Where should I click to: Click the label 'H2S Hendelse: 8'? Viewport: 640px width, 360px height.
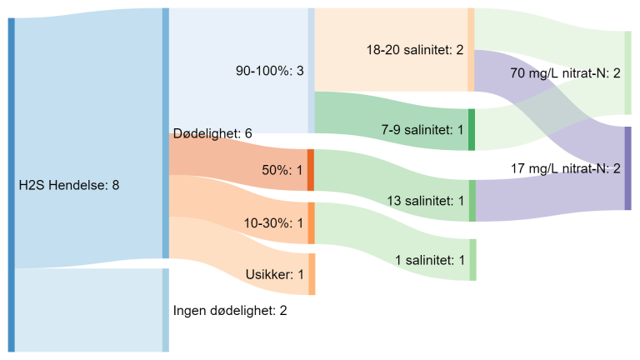69,185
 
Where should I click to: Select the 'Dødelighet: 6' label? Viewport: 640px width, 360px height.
212,133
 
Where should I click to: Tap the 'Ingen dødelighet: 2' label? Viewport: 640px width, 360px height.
229,311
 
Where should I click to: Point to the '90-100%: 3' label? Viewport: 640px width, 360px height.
270,71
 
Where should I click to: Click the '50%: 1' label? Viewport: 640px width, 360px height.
282,170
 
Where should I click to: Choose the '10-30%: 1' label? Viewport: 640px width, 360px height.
274,223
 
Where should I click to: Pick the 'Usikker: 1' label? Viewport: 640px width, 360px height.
275,274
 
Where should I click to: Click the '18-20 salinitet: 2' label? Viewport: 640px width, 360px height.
415,50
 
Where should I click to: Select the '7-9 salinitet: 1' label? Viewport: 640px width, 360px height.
422,130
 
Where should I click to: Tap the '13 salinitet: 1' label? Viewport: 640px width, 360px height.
425,201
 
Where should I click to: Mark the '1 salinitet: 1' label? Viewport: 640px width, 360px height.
430,260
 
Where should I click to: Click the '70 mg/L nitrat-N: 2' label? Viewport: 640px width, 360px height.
565,73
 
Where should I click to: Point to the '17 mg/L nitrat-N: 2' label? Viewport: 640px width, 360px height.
565,168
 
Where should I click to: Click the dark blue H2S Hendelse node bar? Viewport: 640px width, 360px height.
12,185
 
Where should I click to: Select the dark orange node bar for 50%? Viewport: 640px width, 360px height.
310,170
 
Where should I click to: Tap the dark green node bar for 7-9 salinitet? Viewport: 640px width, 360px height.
472,130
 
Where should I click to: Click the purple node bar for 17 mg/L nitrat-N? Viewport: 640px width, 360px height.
628,168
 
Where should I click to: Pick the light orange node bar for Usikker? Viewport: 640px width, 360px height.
312,274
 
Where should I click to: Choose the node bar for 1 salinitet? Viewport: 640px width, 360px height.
472,260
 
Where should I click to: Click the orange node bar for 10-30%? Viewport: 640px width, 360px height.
311,223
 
